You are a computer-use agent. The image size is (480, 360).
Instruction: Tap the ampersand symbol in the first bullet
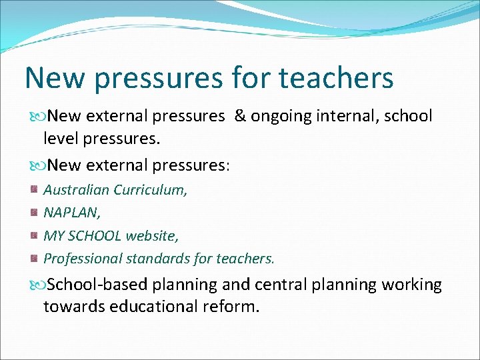click(x=240, y=116)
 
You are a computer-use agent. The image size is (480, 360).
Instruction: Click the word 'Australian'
click(x=76, y=190)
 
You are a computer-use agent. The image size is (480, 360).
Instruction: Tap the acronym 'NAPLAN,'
click(x=71, y=213)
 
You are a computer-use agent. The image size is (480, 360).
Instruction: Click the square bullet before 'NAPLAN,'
click(x=33, y=213)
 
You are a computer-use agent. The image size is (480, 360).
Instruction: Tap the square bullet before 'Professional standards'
click(x=33, y=258)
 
